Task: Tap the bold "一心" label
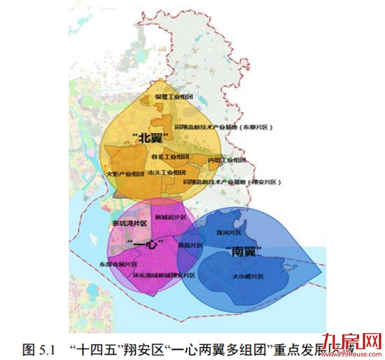[147, 245]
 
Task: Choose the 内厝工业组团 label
[227, 160]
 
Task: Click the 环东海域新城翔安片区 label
[164, 275]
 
